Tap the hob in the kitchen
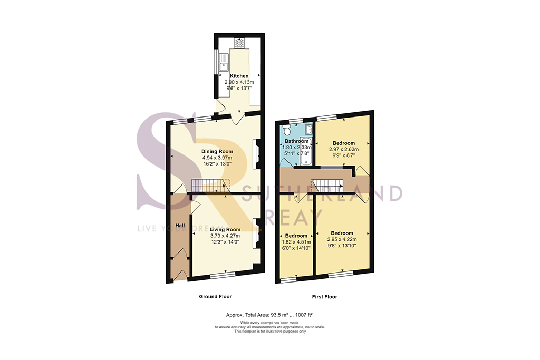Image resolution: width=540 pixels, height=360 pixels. pos(239,42)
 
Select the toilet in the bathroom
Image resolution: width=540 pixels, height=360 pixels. pos(286,128)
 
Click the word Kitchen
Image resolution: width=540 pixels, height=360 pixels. pos(239,76)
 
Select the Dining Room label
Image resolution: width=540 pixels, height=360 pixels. pos(217,151)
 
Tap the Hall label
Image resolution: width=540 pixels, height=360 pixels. pos(180,226)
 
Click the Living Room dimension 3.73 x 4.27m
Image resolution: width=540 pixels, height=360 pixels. pos(225,236)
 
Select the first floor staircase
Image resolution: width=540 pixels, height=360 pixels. pos(327,186)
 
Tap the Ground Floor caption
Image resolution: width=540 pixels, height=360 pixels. pos(215,297)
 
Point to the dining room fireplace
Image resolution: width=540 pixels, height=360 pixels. pos(256,154)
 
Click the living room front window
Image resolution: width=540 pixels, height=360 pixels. pos(223,275)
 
